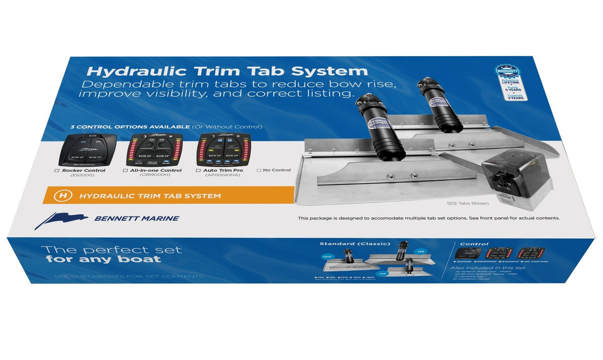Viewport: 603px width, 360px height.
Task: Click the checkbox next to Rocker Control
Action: (x=57, y=171)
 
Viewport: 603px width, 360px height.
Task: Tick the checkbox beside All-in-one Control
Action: (x=125, y=171)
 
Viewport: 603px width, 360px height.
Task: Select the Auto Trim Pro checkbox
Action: (x=198, y=171)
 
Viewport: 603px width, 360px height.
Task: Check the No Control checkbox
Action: (x=259, y=170)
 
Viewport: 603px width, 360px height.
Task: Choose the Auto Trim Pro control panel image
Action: (x=222, y=149)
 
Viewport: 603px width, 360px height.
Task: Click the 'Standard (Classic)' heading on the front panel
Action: (x=355, y=244)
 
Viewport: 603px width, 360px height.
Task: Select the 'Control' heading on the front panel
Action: (x=474, y=244)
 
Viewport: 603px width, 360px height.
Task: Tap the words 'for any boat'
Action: (x=103, y=260)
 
